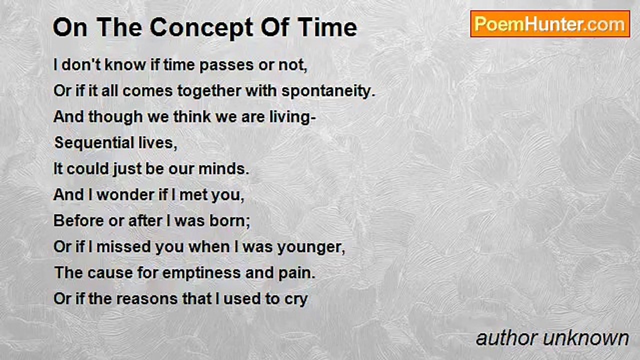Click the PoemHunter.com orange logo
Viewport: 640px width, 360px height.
click(550, 24)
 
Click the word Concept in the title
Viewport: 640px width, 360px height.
click(201, 27)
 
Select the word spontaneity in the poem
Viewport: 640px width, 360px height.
click(328, 92)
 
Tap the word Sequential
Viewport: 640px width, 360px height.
click(94, 143)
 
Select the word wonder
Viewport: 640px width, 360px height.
click(125, 195)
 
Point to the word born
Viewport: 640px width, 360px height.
click(229, 221)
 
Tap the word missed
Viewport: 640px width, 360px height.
click(123, 247)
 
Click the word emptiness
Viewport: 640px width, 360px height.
click(201, 273)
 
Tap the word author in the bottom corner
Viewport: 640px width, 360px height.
click(507, 338)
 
